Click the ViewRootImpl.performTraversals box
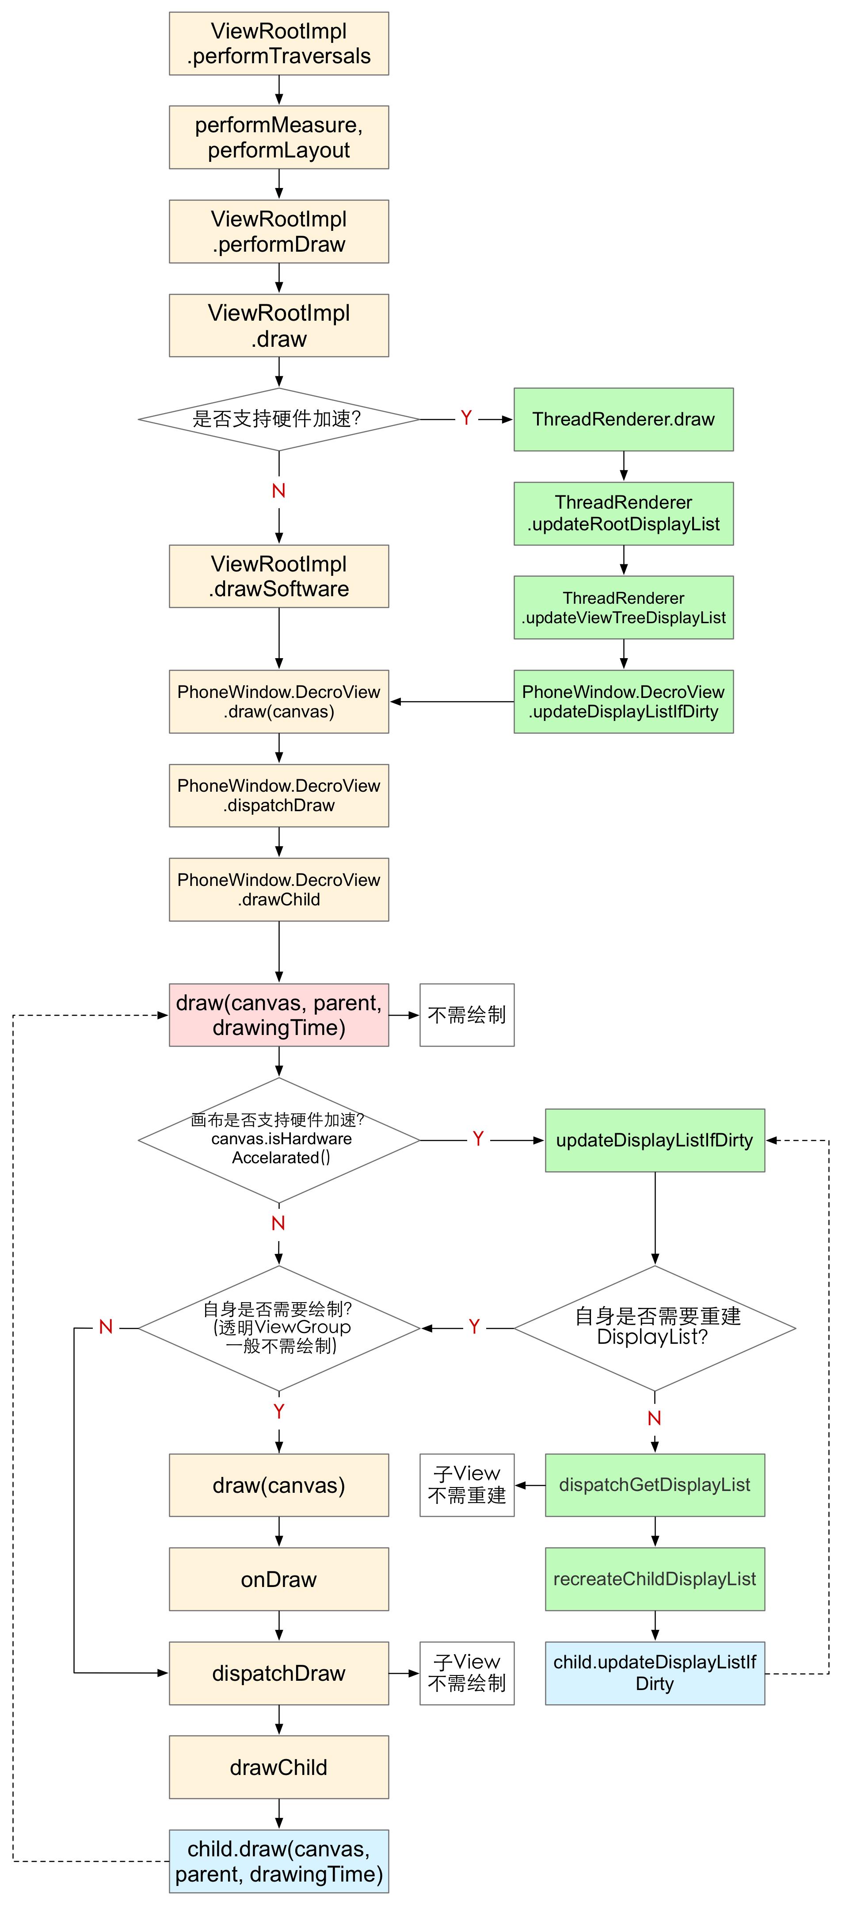point(279,44)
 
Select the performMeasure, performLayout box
point(279,138)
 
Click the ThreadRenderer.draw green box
point(623,419)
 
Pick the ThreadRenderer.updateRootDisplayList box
point(623,513)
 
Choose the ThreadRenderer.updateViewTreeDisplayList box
point(623,607)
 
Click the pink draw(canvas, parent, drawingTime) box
point(279,1015)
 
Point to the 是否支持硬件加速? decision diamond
point(279,419)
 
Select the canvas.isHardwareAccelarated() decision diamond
point(279,1140)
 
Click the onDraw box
point(279,1579)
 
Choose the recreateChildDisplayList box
point(654,1579)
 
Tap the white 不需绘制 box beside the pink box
point(466,1015)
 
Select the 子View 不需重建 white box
point(466,1485)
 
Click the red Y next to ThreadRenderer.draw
point(466,418)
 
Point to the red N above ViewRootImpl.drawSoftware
point(279,491)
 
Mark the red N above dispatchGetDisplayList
point(654,1418)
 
